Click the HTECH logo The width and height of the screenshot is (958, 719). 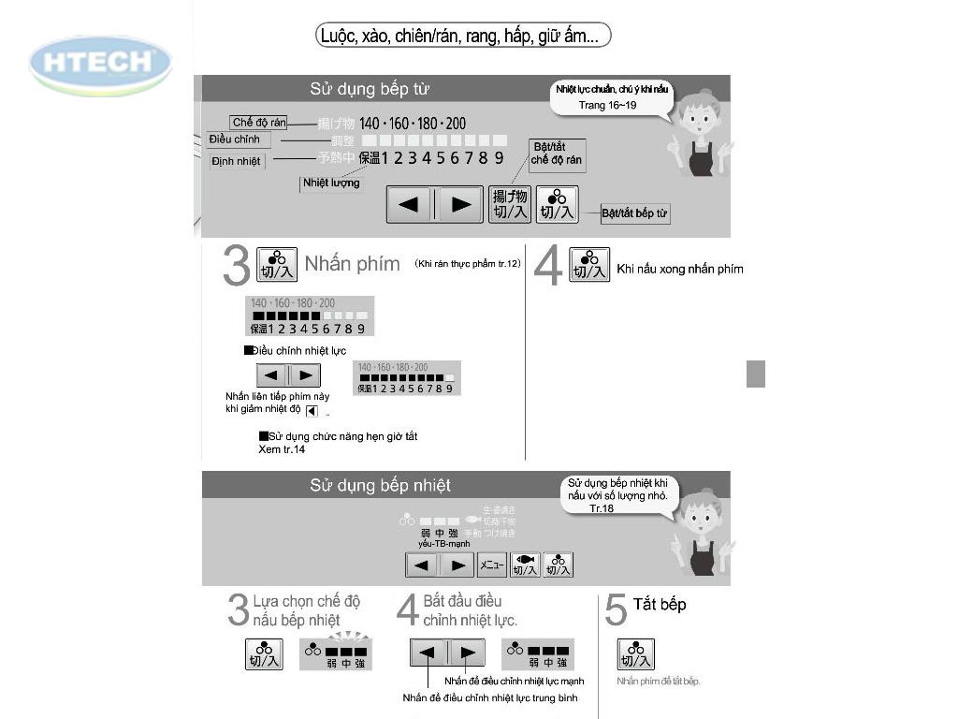pos(100,64)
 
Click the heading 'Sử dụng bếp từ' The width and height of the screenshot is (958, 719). pos(370,89)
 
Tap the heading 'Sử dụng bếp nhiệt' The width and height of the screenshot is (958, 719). pos(380,485)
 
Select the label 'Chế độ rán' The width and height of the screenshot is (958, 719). pos(258,123)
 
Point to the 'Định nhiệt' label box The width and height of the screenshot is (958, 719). pos(236,161)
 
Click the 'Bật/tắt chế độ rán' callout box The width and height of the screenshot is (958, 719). pos(556,154)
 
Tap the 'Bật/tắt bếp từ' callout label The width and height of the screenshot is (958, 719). pos(634,213)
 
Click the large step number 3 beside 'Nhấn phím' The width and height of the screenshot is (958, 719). pos(237,266)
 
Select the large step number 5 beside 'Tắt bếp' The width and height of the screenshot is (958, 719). pos(615,611)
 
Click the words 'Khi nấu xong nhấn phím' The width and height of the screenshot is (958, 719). pos(680,270)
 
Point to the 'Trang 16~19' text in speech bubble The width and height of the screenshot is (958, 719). pos(607,105)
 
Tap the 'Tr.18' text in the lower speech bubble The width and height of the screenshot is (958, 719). pos(602,507)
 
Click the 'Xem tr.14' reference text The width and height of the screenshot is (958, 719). pos(282,449)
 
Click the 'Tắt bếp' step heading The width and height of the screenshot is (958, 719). pos(660,605)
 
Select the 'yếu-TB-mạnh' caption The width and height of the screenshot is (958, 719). pos(444,544)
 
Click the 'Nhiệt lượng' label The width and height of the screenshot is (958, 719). pos(331,183)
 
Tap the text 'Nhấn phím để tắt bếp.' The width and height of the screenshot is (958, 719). pos(658,681)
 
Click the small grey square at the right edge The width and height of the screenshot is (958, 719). pos(756,374)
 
